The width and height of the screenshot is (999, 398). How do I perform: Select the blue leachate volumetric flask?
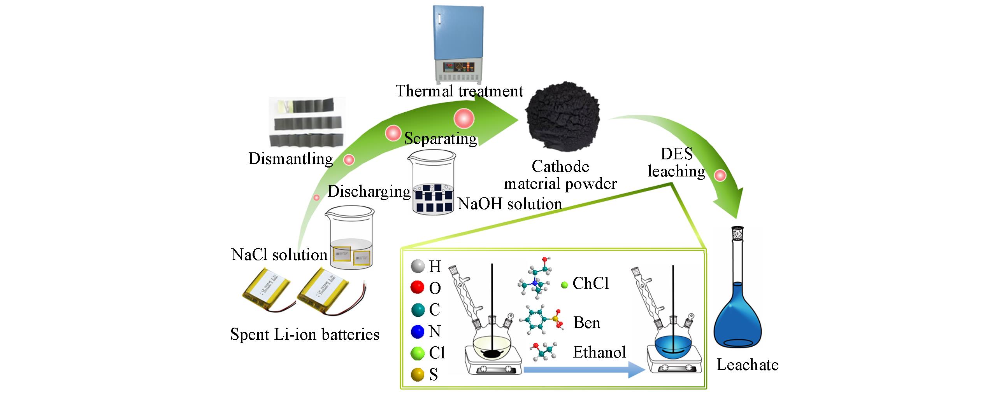(738, 311)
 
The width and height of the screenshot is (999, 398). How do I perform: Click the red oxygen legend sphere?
(417, 288)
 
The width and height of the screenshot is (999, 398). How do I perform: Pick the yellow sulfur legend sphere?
(417, 375)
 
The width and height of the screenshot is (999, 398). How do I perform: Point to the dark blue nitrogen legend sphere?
(417, 332)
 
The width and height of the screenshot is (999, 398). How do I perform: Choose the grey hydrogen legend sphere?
(417, 267)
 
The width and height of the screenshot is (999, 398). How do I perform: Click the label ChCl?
(591, 284)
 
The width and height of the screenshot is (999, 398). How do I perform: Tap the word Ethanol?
(599, 352)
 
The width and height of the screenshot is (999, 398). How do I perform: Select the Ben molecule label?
(587, 323)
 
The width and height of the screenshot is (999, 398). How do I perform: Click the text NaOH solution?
(510, 204)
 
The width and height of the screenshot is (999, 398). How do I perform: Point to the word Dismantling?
(291, 159)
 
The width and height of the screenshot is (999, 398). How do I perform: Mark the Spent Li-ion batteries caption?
(305, 334)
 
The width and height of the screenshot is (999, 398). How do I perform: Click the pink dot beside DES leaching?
(720, 175)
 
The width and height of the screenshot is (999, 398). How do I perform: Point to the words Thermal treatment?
(459, 91)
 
